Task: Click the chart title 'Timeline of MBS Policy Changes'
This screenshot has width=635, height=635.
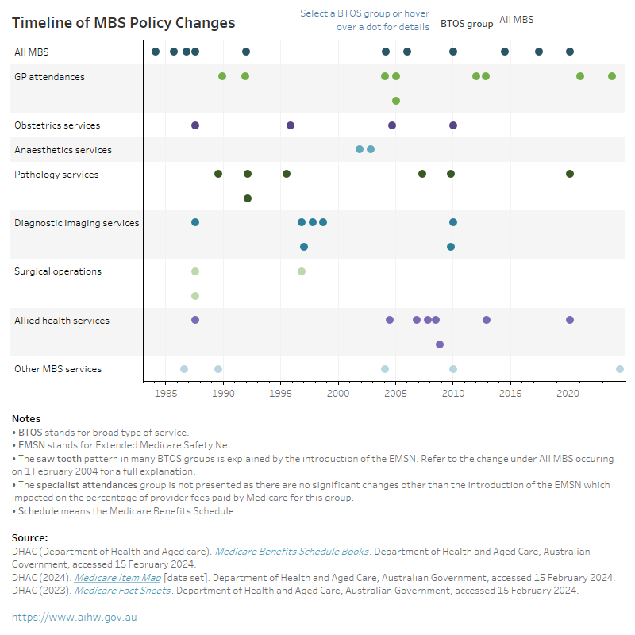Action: coord(123,23)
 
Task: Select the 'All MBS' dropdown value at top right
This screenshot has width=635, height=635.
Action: coord(516,20)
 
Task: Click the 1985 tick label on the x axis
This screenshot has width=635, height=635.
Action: coord(166,393)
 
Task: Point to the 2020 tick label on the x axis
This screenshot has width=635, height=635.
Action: coord(568,393)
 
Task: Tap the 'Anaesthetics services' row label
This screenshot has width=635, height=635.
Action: coord(63,150)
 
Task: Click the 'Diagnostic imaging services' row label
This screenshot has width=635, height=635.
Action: coord(76,223)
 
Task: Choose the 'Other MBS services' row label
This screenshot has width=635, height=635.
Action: coord(58,369)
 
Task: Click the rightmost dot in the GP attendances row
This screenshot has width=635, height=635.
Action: coord(612,76)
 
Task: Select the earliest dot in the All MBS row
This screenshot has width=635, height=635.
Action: coord(156,52)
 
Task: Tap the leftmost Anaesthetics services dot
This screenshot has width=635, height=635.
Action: coord(360,149)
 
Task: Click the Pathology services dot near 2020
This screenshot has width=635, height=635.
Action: coord(570,174)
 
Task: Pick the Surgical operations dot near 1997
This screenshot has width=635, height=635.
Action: coord(302,271)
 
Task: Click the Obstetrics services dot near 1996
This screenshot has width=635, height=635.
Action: coord(291,125)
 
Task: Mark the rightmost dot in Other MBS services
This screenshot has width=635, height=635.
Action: coord(620,369)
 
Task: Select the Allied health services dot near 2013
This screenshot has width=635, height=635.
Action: coord(487,320)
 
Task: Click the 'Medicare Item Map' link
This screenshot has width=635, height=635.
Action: coord(117,577)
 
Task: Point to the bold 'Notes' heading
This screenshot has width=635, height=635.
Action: coord(26,419)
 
